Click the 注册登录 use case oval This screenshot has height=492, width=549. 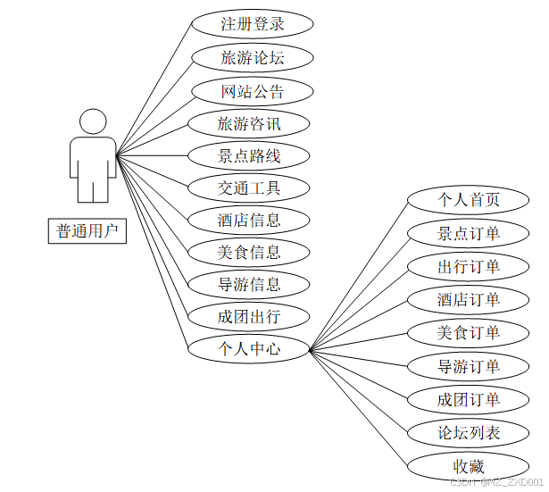pyautogui.click(x=253, y=24)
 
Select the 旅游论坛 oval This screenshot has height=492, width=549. pyautogui.click(x=253, y=58)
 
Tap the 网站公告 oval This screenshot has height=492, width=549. pyautogui.click(x=253, y=91)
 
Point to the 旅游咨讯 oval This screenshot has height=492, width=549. pyautogui.click(x=250, y=123)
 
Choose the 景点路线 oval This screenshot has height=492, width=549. pyautogui.click(x=249, y=156)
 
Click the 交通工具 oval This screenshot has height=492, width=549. pyautogui.click(x=249, y=188)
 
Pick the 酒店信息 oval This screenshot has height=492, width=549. pyautogui.click(x=249, y=220)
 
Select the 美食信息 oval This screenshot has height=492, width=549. pyautogui.click(x=249, y=252)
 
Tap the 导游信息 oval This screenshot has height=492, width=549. pyautogui.click(x=249, y=285)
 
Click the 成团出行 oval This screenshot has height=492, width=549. pyautogui.click(x=249, y=316)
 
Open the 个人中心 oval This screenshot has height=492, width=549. pyautogui.click(x=249, y=348)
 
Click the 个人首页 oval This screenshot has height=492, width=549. pyautogui.click(x=469, y=199)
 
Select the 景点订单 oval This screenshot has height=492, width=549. pyautogui.click(x=469, y=234)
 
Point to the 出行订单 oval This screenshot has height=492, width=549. pyautogui.click(x=469, y=266)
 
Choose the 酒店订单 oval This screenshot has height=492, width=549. pyautogui.click(x=469, y=299)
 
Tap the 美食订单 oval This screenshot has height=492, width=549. pyautogui.click(x=469, y=333)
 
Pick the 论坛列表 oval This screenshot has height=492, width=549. pyautogui.click(x=469, y=434)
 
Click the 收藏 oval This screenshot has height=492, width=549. pyautogui.click(x=469, y=465)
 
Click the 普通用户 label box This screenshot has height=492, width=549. pyautogui.click(x=87, y=231)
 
